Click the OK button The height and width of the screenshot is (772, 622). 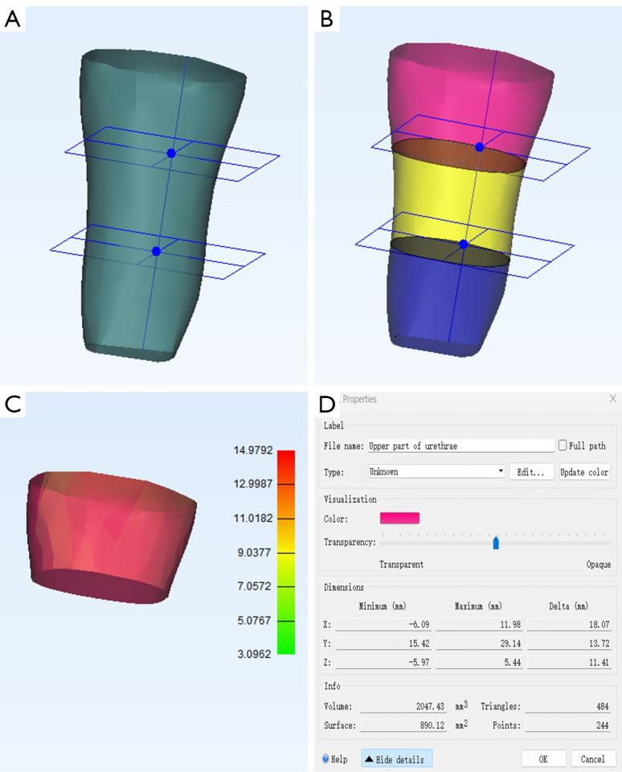click(543, 758)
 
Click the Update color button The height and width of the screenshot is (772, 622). click(584, 472)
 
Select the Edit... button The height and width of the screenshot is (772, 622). click(531, 472)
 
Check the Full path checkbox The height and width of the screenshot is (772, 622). click(563, 445)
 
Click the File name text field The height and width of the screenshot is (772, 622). click(461, 446)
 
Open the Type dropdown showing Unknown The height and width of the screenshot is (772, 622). click(436, 472)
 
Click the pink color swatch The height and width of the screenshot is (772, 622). click(399, 518)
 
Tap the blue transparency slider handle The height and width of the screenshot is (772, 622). click(496, 543)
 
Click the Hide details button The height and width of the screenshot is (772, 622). click(397, 759)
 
